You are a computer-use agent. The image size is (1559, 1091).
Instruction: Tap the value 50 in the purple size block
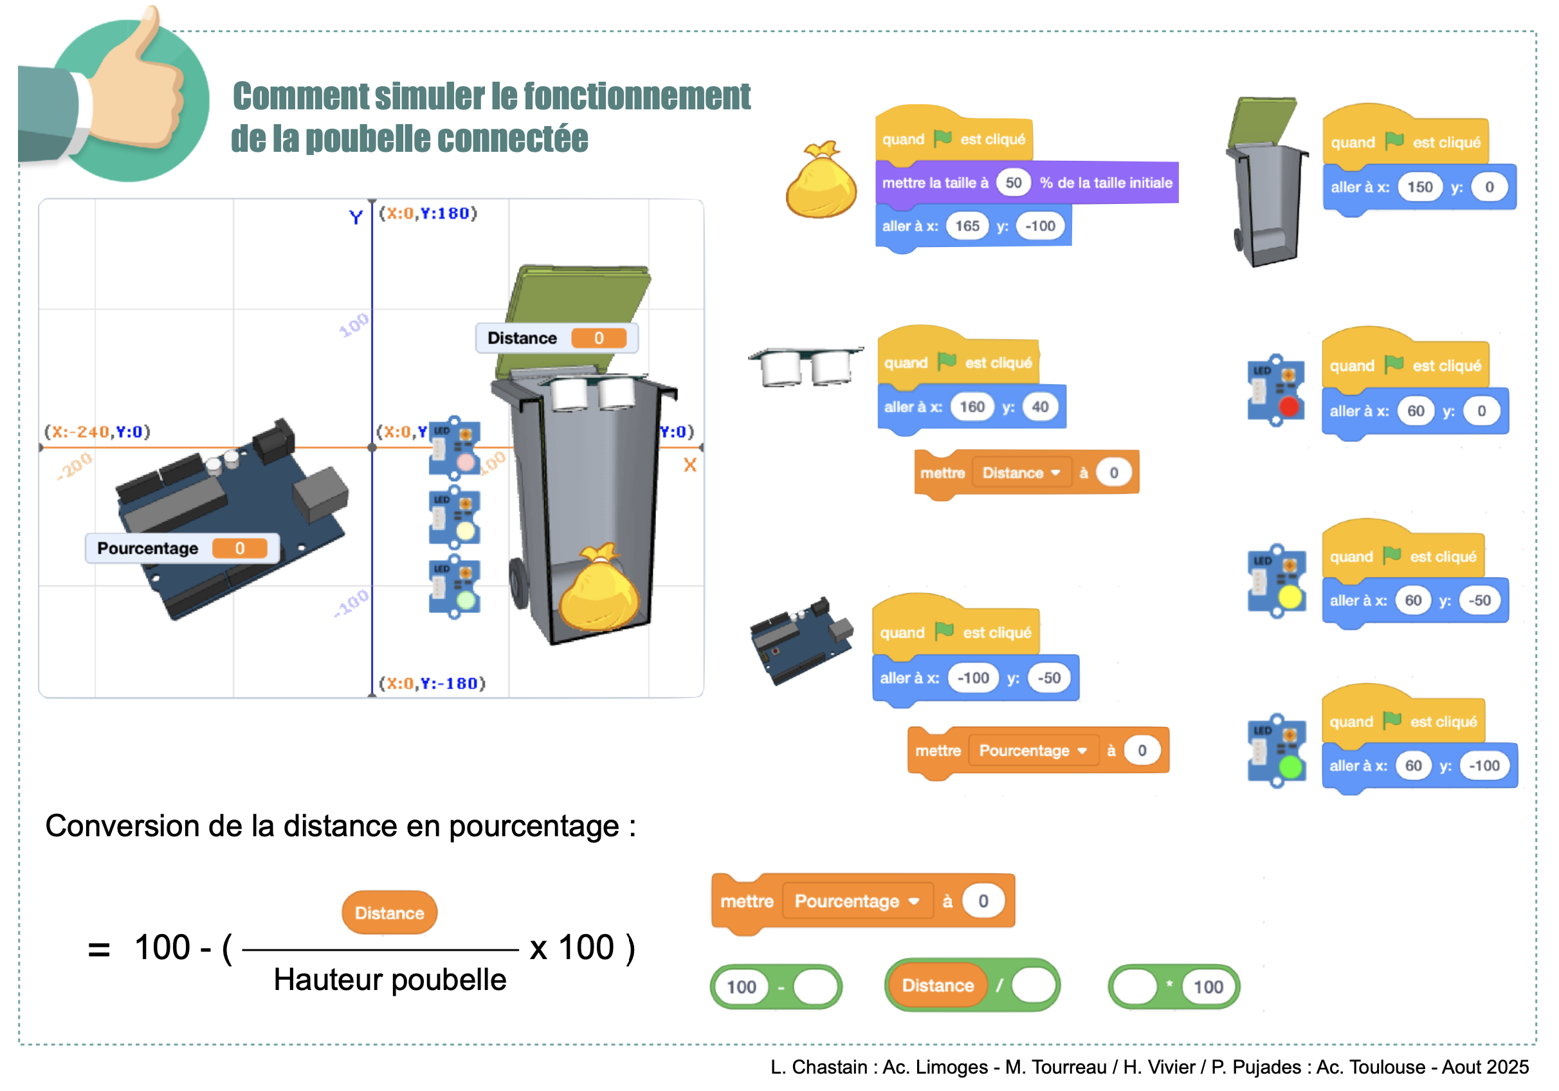click(x=1013, y=183)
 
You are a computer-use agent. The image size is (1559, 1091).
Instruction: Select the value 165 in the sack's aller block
click(x=967, y=226)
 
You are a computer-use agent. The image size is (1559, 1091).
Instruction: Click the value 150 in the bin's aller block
click(x=1419, y=187)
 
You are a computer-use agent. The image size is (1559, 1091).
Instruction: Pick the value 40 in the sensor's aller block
click(x=1039, y=407)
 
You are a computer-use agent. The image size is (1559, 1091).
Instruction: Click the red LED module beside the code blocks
click(x=1276, y=390)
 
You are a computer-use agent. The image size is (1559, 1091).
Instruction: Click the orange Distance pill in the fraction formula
click(x=389, y=913)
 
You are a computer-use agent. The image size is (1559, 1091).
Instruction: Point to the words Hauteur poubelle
click(x=390, y=980)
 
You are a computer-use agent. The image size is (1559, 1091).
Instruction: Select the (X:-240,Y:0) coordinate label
click(x=97, y=432)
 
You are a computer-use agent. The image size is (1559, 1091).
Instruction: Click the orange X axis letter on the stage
click(x=690, y=465)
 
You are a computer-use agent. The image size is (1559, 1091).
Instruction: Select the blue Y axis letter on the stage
click(x=356, y=217)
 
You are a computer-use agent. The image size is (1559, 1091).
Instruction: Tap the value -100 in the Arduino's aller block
click(x=972, y=678)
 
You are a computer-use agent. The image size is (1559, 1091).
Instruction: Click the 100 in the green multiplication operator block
click(x=1208, y=987)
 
